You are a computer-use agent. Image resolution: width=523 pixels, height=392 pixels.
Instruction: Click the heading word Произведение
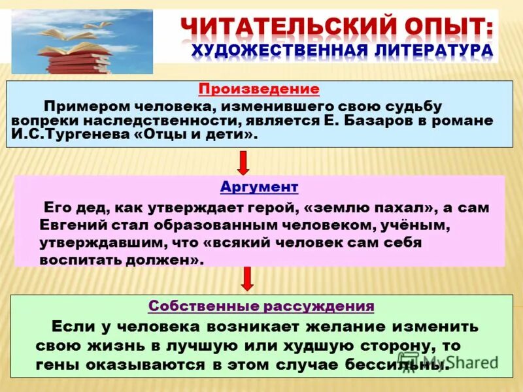(259, 90)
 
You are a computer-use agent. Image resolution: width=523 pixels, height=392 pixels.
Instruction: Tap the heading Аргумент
(259, 188)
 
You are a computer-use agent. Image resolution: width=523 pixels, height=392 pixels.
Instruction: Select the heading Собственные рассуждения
(261, 306)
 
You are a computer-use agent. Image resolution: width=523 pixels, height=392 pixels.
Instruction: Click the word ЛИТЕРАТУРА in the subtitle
(427, 51)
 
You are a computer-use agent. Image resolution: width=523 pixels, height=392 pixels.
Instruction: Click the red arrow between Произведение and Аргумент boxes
(243, 161)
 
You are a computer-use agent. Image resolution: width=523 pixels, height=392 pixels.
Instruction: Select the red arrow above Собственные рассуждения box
(246, 279)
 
